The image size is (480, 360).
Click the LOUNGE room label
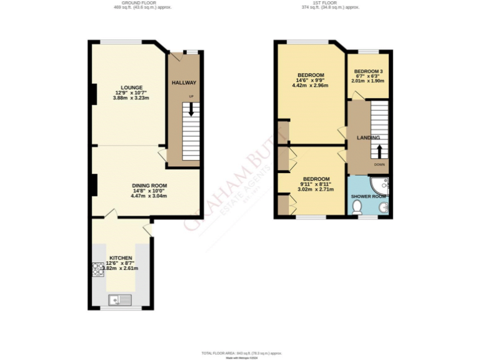click(132, 87)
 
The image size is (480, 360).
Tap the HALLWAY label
click(184, 82)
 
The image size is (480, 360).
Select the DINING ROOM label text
click(149, 186)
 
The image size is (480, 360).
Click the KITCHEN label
click(121, 257)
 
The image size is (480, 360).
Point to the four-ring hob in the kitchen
click(98, 269)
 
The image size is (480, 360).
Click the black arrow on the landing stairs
click(379, 151)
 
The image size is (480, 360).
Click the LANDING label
click(368, 137)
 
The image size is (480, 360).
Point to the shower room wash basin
click(384, 207)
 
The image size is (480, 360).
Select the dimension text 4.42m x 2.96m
click(310, 86)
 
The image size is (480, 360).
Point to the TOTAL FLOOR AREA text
click(240, 353)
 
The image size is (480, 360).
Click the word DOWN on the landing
click(379, 164)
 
